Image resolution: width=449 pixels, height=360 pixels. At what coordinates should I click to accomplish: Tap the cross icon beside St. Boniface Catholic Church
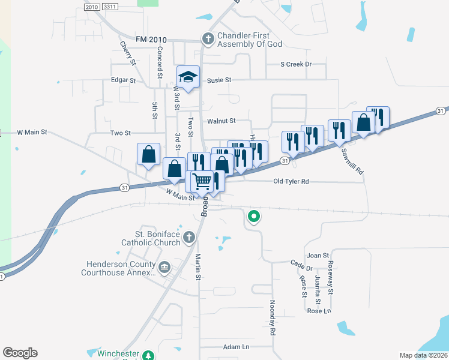188,237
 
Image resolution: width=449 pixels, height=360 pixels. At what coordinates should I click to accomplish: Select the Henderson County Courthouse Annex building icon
164,266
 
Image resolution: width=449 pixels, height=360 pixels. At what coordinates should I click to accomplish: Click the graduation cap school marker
188,77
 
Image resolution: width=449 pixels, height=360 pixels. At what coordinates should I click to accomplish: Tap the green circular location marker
255,216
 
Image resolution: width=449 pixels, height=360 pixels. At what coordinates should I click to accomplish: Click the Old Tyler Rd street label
291,181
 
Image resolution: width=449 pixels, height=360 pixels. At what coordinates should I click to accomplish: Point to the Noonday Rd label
272,317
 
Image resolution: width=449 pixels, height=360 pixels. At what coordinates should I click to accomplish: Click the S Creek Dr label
297,64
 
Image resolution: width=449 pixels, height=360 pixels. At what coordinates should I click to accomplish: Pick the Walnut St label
221,121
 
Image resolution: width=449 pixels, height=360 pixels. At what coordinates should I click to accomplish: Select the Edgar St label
124,80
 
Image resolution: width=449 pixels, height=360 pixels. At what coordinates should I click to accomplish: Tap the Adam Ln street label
236,347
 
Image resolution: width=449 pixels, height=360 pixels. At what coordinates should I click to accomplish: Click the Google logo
20,352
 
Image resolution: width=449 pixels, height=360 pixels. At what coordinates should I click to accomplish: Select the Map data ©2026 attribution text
423,355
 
